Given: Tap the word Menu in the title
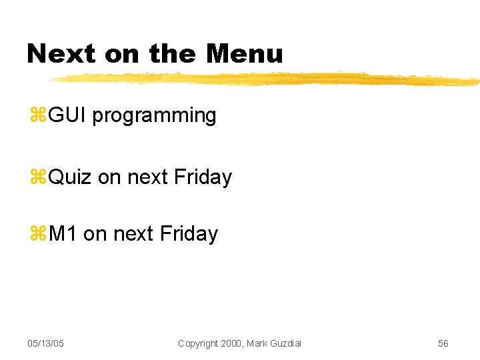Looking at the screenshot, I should click(x=245, y=53).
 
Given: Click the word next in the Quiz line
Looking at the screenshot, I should click(x=147, y=177).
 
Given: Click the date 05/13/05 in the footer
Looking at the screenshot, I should click(x=45, y=343).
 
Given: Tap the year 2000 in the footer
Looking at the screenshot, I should click(x=233, y=343).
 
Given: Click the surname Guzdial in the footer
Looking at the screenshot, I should click(x=285, y=343).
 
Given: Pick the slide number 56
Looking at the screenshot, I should click(x=443, y=343).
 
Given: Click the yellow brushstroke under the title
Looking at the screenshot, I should click(x=267, y=79).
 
